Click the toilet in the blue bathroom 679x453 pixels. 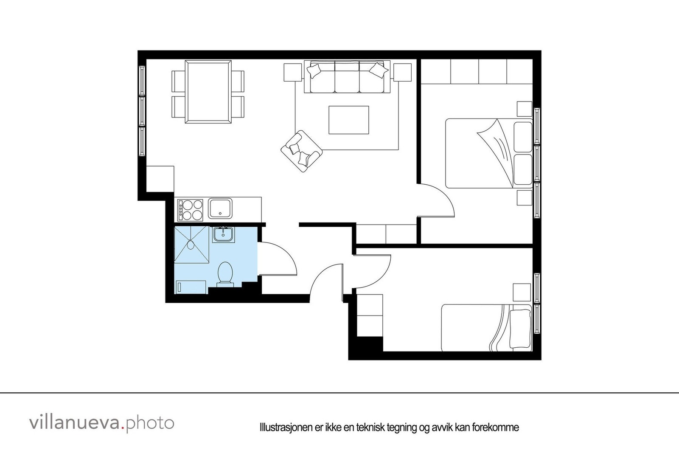click(224, 273)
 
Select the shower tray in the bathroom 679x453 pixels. click(192, 245)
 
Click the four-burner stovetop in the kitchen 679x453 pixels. click(191, 209)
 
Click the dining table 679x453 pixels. click(208, 91)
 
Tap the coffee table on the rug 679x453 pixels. click(349, 120)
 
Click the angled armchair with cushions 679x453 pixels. click(301, 151)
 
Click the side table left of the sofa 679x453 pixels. click(292, 72)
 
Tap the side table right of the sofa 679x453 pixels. click(402, 72)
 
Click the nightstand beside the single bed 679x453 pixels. click(522, 293)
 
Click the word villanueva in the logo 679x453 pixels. click(75, 423)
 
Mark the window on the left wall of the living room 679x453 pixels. click(142, 111)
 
